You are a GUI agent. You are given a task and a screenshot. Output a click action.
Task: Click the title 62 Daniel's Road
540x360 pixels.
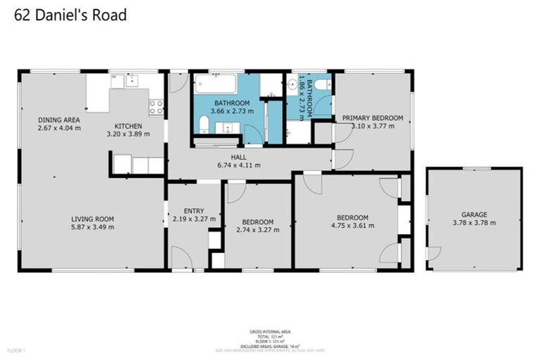tap(70, 14)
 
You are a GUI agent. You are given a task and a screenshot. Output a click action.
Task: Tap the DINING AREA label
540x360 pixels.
tap(59, 120)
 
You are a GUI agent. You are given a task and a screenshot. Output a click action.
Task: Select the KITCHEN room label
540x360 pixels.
tap(128, 126)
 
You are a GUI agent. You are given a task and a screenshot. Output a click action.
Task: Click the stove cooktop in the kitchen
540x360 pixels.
tap(156, 108)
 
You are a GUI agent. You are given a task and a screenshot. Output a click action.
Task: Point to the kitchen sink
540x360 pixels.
tap(131, 81)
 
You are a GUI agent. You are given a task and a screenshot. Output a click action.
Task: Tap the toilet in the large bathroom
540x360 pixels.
tap(203, 125)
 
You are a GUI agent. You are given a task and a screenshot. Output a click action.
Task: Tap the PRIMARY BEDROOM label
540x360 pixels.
tap(372, 118)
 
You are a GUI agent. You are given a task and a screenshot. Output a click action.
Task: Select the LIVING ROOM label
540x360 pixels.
tap(93, 219)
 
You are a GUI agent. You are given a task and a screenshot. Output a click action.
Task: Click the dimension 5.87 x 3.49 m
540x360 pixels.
tap(93, 227)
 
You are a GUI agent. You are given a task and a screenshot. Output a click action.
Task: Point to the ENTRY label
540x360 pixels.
tap(193, 211)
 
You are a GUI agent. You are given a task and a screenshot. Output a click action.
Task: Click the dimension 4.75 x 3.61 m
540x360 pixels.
tap(352, 226)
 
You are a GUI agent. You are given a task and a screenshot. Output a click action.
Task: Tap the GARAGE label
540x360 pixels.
tap(474, 214)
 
